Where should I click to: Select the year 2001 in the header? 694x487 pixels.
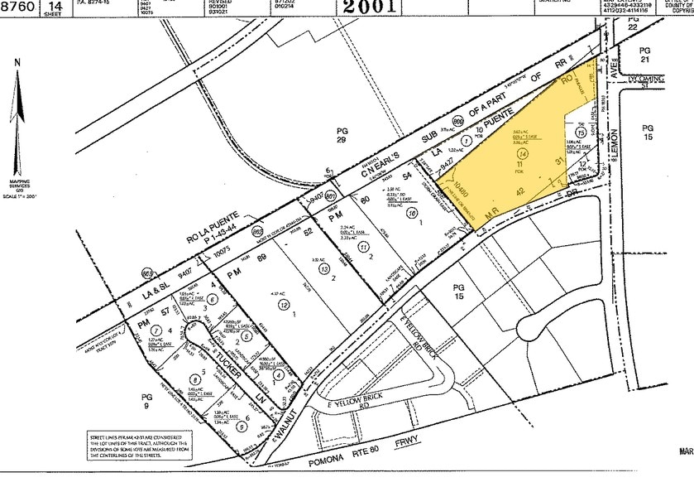368,7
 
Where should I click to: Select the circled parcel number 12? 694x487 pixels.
286,306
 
